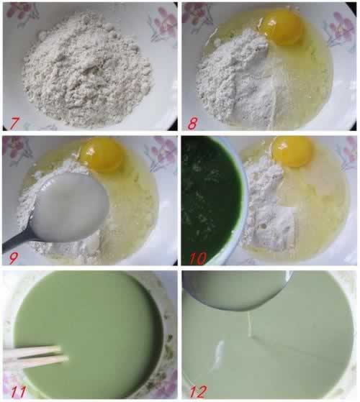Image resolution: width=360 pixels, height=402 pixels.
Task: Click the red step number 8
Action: pyautogui.click(x=192, y=122)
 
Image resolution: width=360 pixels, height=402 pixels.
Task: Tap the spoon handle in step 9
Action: pyautogui.click(x=14, y=245)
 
